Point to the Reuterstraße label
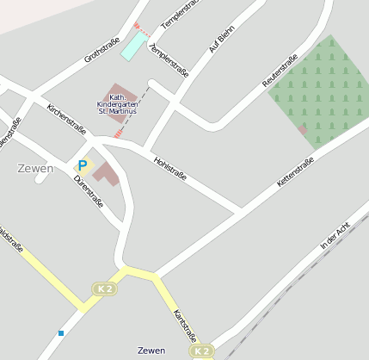280,70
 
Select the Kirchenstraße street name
66,119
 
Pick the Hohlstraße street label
169,168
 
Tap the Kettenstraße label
295,173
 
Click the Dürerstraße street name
89,191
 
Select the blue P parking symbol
83,165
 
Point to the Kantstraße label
185,325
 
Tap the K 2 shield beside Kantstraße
201,351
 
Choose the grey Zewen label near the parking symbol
35,168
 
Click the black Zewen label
151,351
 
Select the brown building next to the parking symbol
107,172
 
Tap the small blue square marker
61,332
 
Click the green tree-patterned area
322,90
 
